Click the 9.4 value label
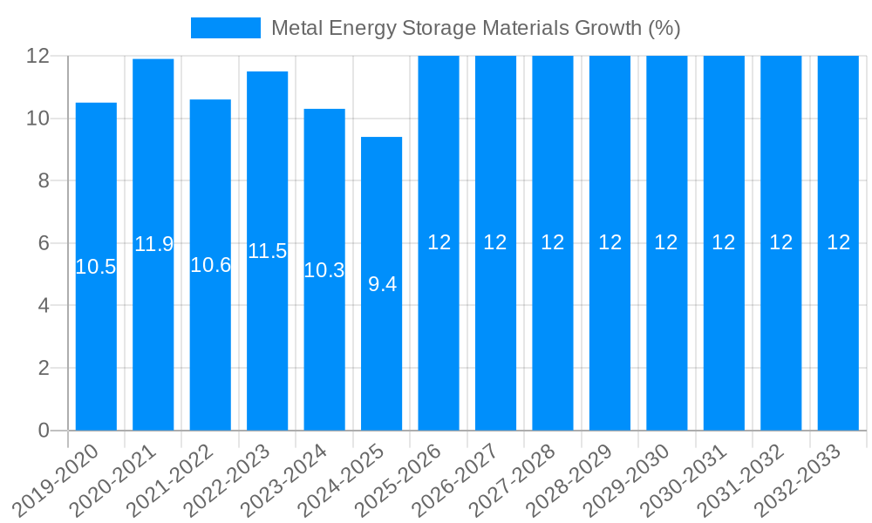[x=382, y=284]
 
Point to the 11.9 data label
[x=153, y=245]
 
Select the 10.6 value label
[x=210, y=266]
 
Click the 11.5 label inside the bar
[x=268, y=252]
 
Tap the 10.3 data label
[x=324, y=271]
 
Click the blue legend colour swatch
[x=226, y=28]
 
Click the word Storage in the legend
[x=436, y=28]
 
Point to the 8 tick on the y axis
[x=43, y=180]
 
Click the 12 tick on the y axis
[x=37, y=56]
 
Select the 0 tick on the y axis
[x=43, y=431]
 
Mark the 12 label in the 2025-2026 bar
[x=439, y=243]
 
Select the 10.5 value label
[x=96, y=268]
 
